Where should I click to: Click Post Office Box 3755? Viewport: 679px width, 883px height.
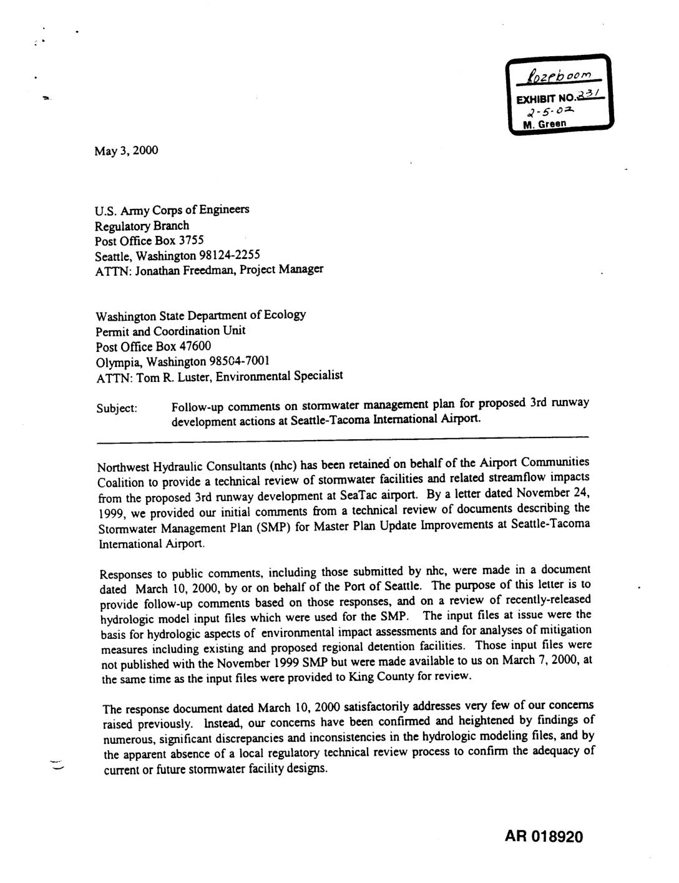click(149, 240)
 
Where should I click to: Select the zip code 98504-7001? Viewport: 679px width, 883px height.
click(239, 361)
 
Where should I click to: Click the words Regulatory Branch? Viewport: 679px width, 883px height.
click(142, 225)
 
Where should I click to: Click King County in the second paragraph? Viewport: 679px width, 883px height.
click(376, 676)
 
